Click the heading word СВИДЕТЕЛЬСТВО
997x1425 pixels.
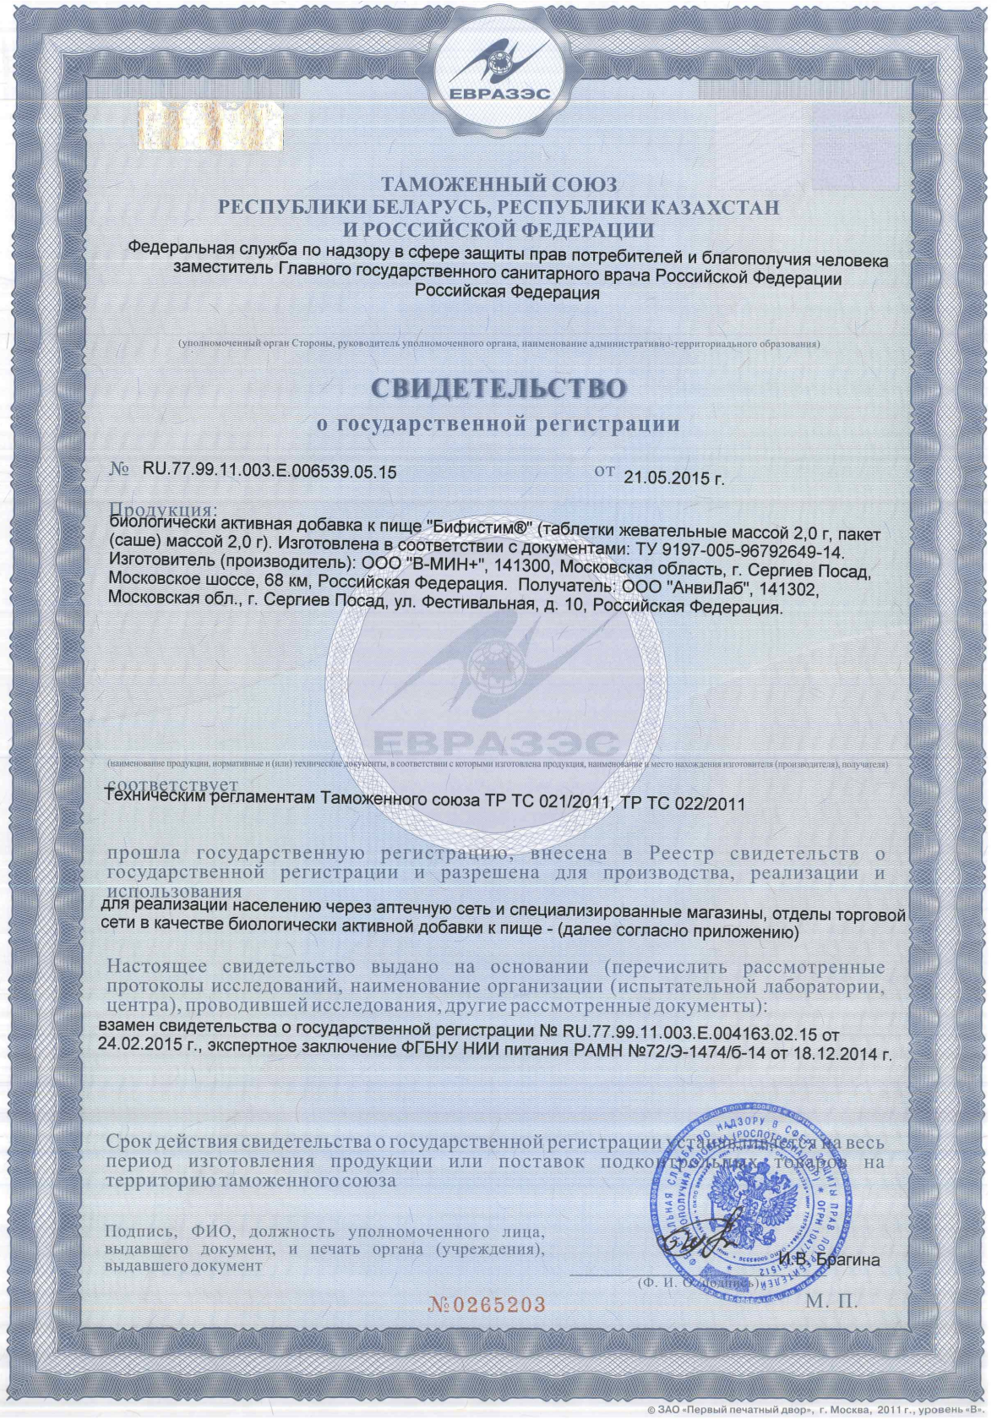498,386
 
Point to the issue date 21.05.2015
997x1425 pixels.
667,478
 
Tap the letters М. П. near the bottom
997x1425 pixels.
831,1302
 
